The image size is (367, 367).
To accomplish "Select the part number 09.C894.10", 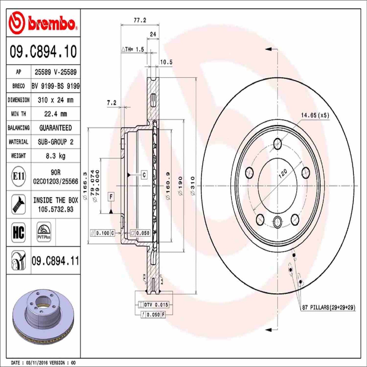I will click(x=43, y=51).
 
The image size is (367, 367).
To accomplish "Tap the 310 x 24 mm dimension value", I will click(x=55, y=100).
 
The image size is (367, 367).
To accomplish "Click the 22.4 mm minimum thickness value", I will click(x=55, y=114).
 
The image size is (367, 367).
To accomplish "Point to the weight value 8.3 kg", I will click(x=55, y=156).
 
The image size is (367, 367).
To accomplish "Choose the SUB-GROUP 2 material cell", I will click(x=55, y=142).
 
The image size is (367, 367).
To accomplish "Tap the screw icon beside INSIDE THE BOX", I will click(x=19, y=204).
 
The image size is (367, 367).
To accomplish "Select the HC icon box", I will click(x=19, y=232).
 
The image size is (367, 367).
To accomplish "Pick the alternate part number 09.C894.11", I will click(x=55, y=261).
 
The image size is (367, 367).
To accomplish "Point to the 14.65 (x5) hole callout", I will click(x=315, y=115).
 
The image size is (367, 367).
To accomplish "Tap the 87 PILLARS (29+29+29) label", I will click(x=328, y=308).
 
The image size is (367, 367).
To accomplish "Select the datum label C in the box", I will click(x=144, y=175).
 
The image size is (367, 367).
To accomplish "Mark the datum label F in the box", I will click(x=111, y=197).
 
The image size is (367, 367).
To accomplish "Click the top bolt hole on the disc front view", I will click(x=278, y=144).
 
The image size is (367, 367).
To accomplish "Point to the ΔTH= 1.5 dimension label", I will click(x=133, y=50).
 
